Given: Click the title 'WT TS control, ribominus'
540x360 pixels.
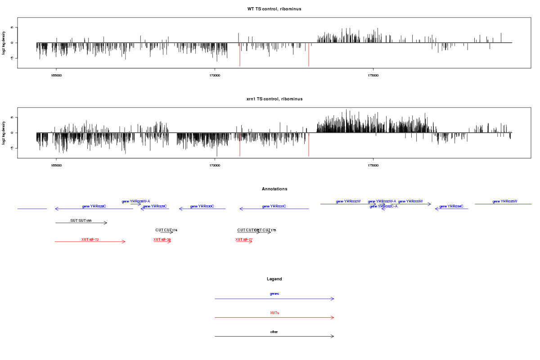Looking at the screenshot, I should point(274,9).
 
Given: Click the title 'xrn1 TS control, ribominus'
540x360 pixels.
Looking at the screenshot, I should point(274,99).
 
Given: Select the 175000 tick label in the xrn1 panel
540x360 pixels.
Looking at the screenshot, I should point(373,166).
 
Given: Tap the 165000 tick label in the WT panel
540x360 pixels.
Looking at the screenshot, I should point(56,76).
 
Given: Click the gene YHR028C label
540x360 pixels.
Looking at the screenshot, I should point(94,206).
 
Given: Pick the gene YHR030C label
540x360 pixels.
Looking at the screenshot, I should point(202,206).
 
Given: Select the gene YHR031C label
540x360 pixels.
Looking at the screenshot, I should point(274,206).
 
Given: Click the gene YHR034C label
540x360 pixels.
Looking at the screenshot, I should point(451,206).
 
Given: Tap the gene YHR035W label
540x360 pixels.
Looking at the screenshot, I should point(505,201).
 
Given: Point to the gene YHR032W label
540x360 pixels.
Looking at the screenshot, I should point(348,201).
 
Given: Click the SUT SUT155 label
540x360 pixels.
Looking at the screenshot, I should point(81,220).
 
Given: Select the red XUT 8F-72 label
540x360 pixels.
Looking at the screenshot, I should point(90,239).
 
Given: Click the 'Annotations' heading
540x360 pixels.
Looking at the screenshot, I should point(274,189).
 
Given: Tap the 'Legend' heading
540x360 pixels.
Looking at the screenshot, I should point(274,279).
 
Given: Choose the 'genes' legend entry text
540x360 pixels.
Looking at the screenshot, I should point(274,293).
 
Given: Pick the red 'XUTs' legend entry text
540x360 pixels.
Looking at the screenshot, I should point(274,312).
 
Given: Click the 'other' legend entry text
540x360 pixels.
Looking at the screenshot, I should point(274,332).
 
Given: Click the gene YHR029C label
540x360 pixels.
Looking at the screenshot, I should point(155,206).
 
